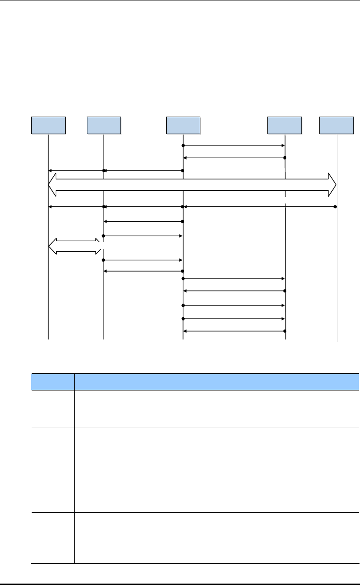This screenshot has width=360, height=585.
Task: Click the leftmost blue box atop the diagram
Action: [48, 125]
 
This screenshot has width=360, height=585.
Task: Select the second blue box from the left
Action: [104, 125]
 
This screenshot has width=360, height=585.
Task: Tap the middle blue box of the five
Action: [183, 125]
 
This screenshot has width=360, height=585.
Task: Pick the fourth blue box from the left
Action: [284, 125]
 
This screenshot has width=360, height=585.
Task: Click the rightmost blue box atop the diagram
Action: [336, 125]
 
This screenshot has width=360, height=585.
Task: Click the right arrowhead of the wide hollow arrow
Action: [332, 184]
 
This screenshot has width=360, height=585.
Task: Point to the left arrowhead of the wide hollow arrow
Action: [52, 184]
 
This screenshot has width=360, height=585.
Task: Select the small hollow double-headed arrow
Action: [75, 246]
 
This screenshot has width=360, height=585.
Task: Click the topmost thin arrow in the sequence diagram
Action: [233, 145]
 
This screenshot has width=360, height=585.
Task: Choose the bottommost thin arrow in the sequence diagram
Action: [233, 331]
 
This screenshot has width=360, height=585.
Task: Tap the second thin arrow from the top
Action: [233, 158]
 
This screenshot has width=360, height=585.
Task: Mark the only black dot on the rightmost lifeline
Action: [335, 207]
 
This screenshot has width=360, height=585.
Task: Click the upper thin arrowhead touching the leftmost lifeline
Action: [50, 170]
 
